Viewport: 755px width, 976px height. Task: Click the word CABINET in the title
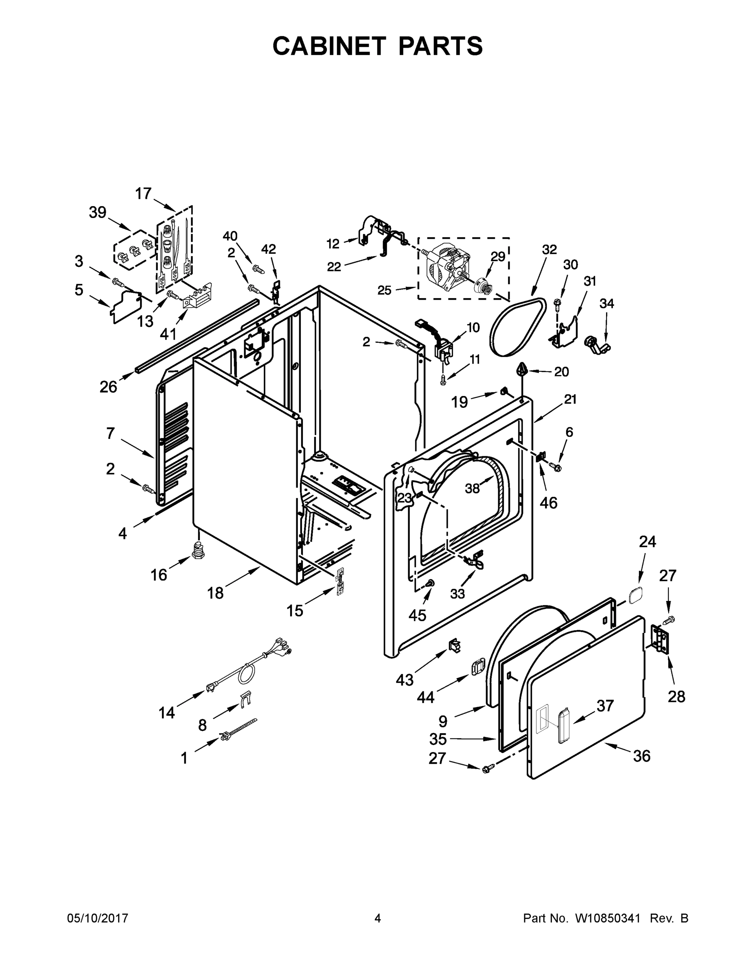(329, 46)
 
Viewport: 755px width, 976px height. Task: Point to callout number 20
(561, 371)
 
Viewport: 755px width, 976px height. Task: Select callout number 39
(98, 213)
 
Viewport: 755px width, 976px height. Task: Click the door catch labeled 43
(455, 645)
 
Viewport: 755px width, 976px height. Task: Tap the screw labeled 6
(556, 467)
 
